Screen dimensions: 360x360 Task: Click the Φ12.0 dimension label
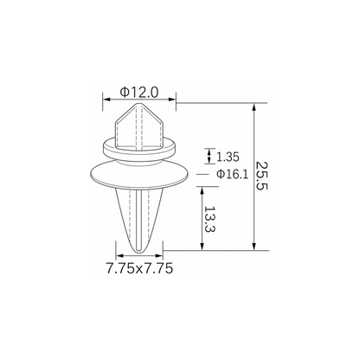139,93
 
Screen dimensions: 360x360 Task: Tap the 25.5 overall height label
262,176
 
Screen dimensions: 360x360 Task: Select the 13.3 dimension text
210,220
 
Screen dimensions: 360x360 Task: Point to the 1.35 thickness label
228,157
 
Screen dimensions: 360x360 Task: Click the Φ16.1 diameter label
232,174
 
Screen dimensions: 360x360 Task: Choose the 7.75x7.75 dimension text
139,268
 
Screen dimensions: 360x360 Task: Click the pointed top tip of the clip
140,103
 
